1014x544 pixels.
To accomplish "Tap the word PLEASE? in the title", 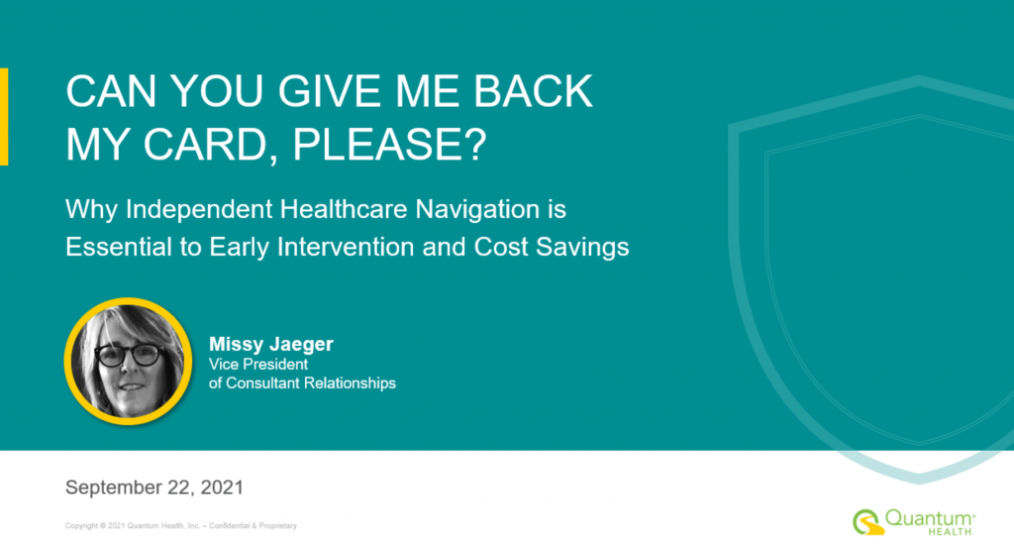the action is coord(389,144).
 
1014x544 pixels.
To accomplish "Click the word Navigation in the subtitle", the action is coord(477,210).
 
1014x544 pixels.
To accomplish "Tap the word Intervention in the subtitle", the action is coord(346,247).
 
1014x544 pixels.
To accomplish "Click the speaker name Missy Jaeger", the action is coord(271,344).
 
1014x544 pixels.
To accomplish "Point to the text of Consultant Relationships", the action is coord(302,382).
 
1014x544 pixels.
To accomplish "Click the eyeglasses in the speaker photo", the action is coord(130,355).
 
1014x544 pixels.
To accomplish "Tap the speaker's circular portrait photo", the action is coord(128,361).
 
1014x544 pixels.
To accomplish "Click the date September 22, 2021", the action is coord(154,488).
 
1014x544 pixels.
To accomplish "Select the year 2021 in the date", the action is coord(222,488).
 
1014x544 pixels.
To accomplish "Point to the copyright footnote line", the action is coord(181,526).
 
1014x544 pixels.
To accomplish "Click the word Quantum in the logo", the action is coord(929,518).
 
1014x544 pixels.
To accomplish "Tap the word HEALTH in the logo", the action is coord(950,532).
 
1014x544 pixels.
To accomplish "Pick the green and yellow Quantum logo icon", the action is coord(867,522).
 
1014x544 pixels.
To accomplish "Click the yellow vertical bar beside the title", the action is coord(4,117).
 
